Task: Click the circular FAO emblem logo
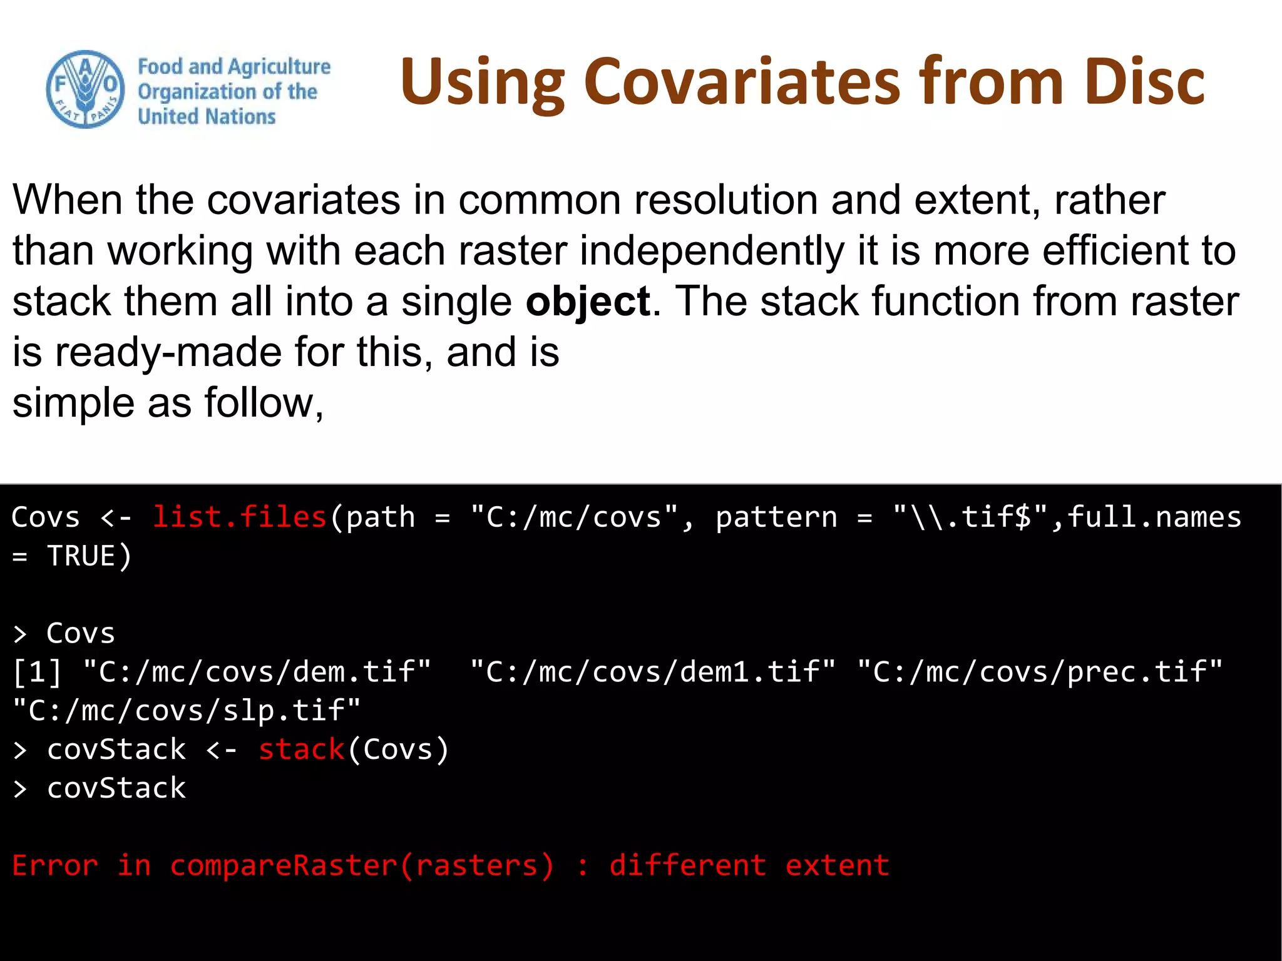coord(85,89)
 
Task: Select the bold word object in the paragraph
coord(587,302)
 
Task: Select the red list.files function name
coord(240,517)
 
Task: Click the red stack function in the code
coord(302,750)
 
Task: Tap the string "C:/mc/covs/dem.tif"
coord(257,672)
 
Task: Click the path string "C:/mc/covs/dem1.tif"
coord(652,672)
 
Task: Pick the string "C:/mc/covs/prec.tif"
coord(1039,672)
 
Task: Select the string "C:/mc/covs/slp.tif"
coord(187,711)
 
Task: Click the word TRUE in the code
coord(81,556)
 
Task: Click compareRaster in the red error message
coord(284,866)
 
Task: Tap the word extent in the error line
coord(837,866)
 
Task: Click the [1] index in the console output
coord(38,672)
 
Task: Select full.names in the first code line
coord(1154,517)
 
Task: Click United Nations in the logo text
coord(207,117)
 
